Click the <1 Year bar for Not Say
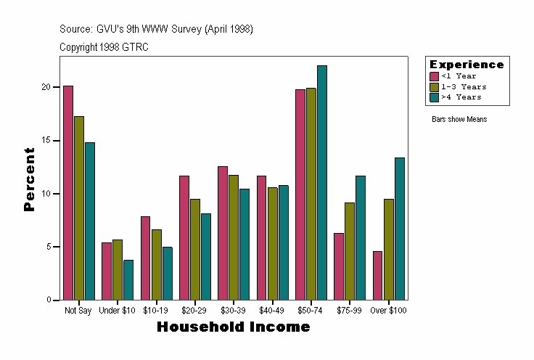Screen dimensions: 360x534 [68, 193]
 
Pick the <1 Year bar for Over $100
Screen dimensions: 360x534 [378, 276]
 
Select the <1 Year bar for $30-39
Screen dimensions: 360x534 [223, 233]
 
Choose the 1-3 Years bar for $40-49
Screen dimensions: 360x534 [273, 244]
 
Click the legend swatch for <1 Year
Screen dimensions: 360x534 [434, 76]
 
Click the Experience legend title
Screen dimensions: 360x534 [467, 65]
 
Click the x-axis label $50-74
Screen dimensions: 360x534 [311, 311]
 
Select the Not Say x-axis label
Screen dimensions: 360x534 [78, 311]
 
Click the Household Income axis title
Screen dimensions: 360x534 [234, 327]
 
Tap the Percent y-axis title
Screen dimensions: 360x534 [30, 179]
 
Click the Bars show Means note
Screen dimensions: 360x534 [459, 119]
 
